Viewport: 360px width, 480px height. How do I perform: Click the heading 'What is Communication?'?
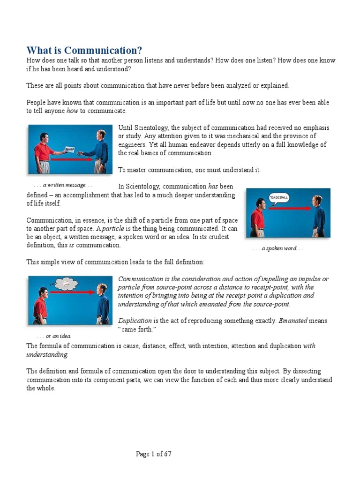(84, 50)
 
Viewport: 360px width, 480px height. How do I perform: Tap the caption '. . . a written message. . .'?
(63, 185)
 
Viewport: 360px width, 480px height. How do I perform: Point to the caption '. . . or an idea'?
(54, 336)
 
